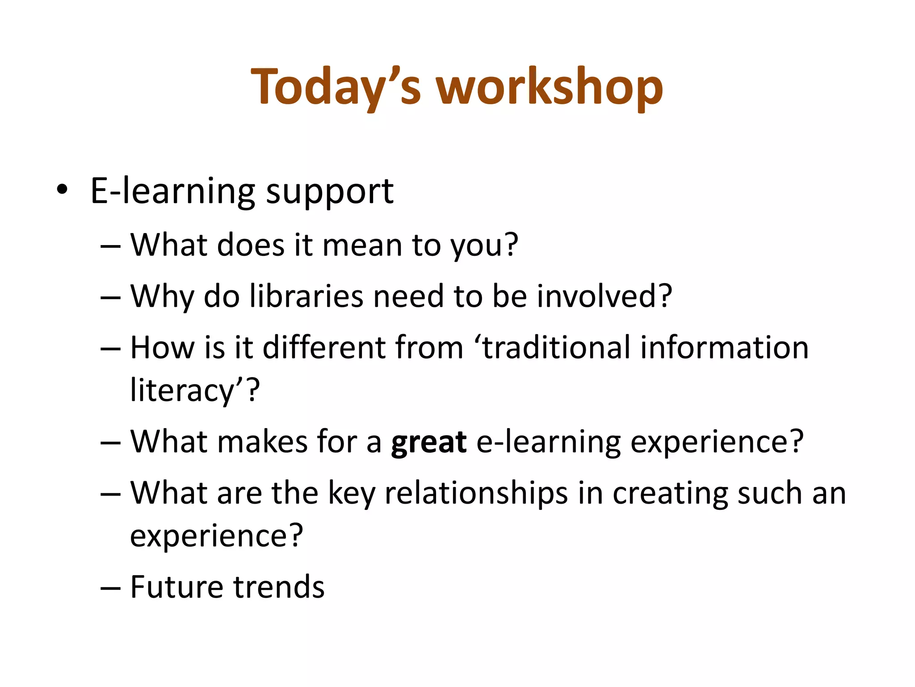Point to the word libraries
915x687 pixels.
[306, 296]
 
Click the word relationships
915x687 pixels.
[476, 494]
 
